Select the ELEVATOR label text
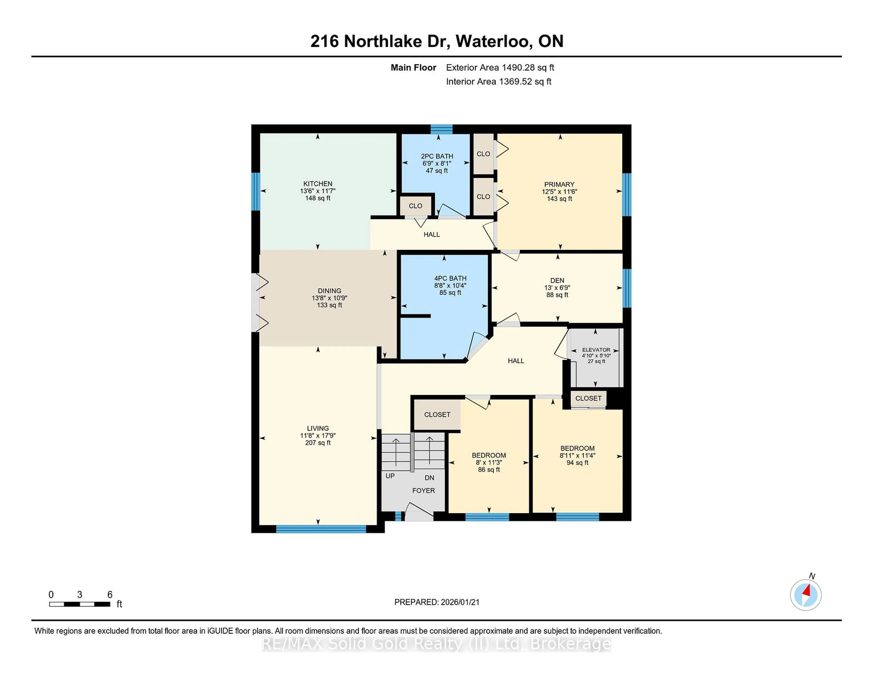coord(596,350)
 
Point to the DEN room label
coord(557,280)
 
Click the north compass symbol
coord(805,595)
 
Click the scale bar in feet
coord(80,604)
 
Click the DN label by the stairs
coord(429,477)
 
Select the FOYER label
coord(423,490)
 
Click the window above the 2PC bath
coord(441,129)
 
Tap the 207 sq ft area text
coord(318,443)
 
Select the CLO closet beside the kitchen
coord(415,206)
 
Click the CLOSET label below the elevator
coord(588,398)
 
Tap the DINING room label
coord(329,291)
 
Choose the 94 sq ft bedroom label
coord(577,463)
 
